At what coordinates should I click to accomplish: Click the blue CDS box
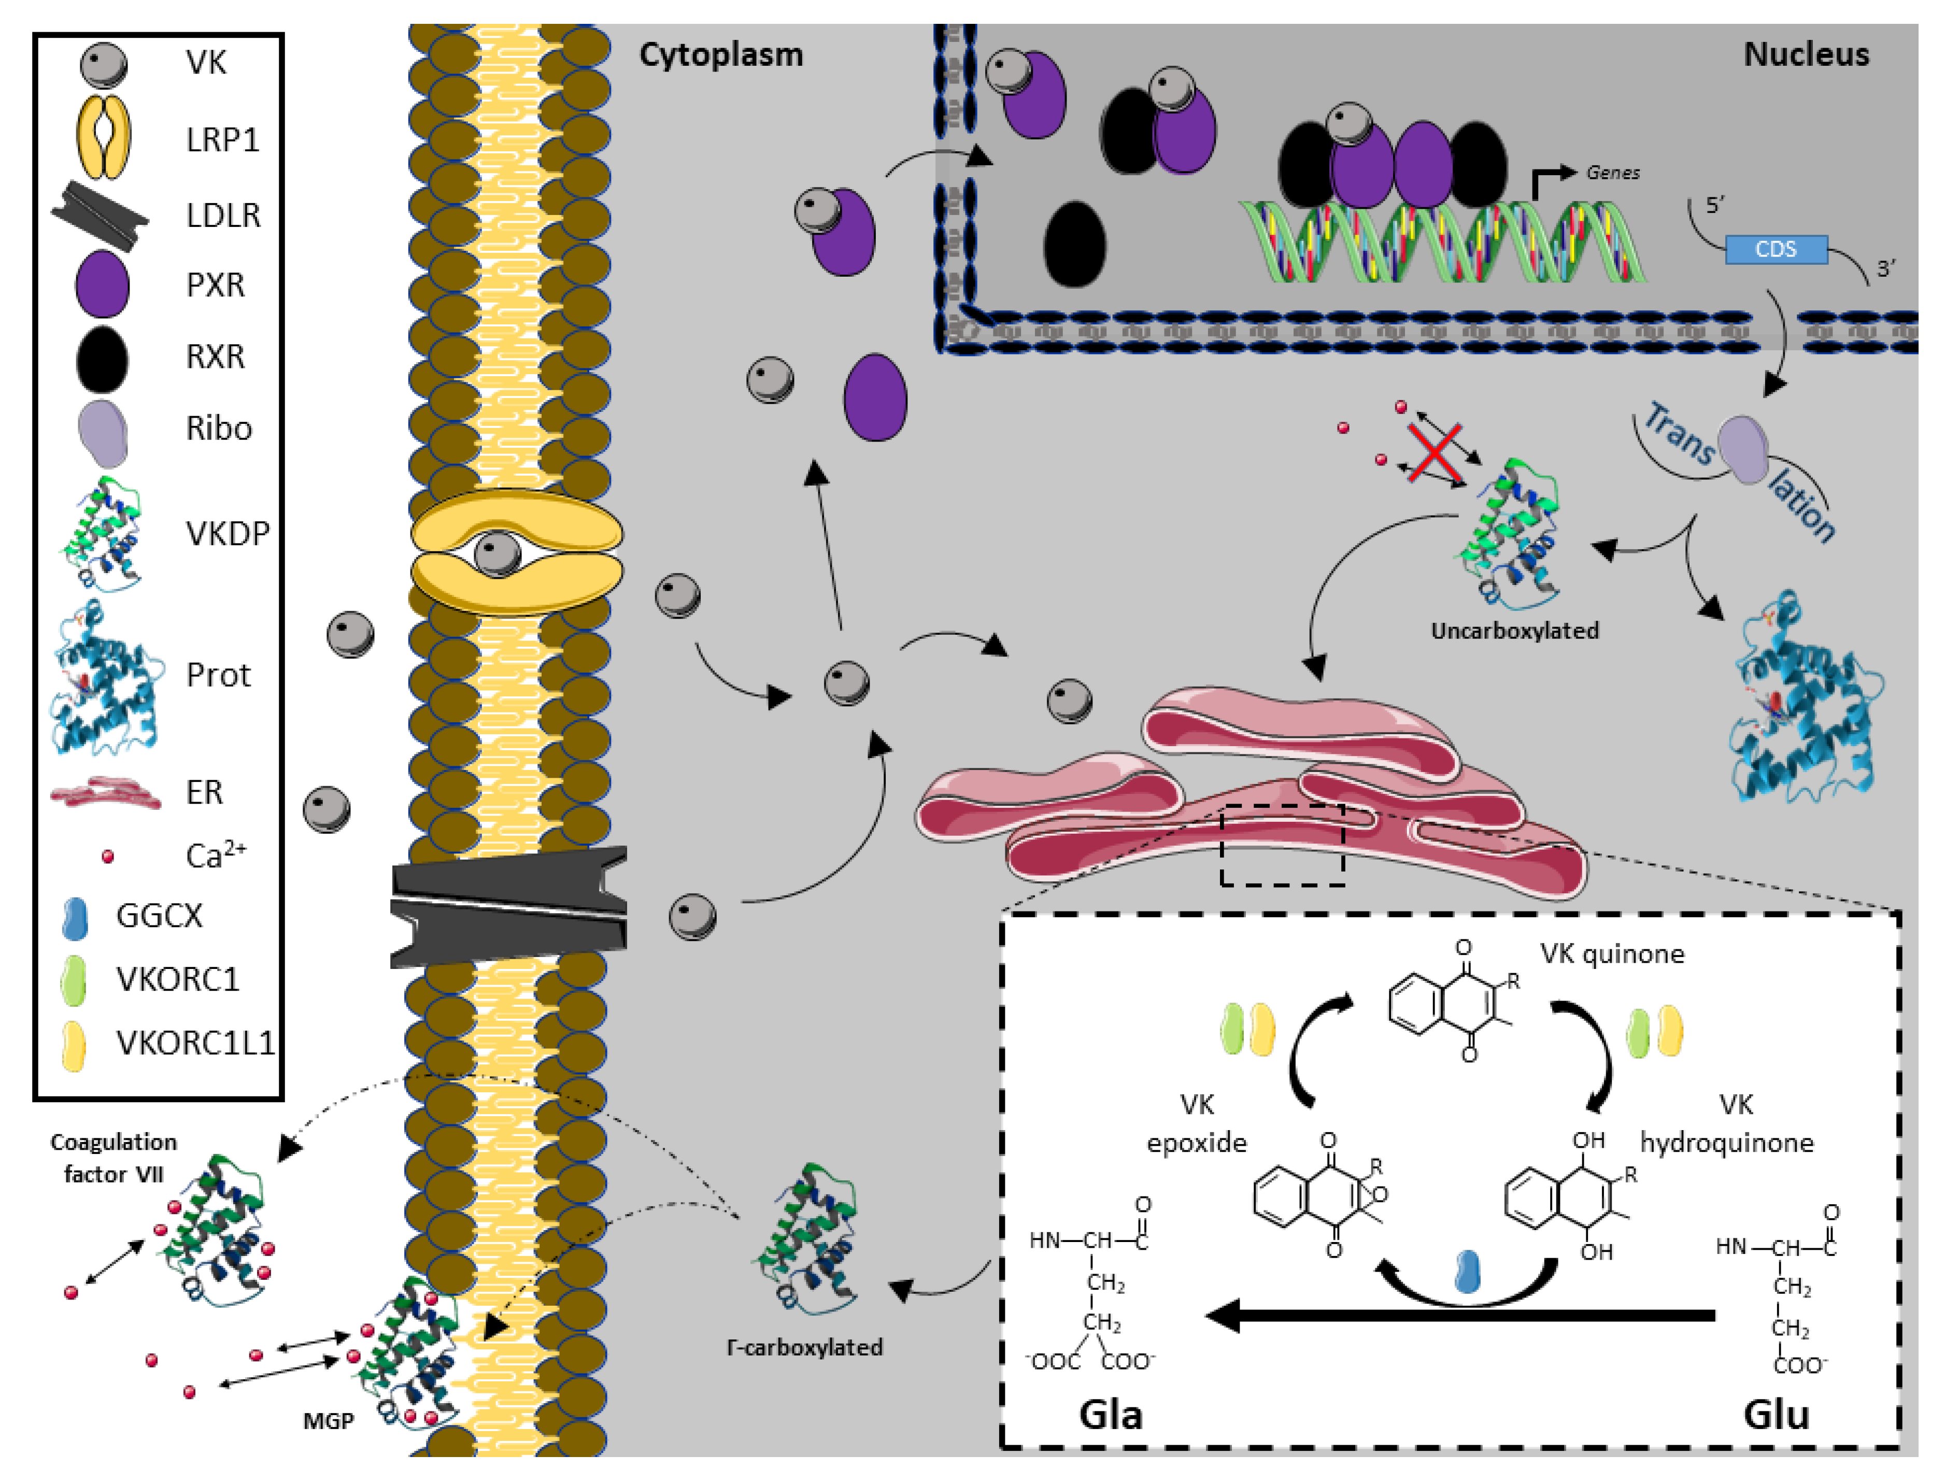[x=1776, y=250]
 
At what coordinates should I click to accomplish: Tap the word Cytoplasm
[x=721, y=55]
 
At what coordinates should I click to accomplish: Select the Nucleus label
[x=1806, y=55]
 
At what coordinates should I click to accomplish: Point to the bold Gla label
[x=1110, y=1414]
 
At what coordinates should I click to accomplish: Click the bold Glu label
[x=1776, y=1414]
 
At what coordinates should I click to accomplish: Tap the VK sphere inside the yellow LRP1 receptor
[x=498, y=554]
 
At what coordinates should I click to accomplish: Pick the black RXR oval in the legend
[x=103, y=358]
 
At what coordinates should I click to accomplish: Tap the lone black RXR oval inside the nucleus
[x=1074, y=245]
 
